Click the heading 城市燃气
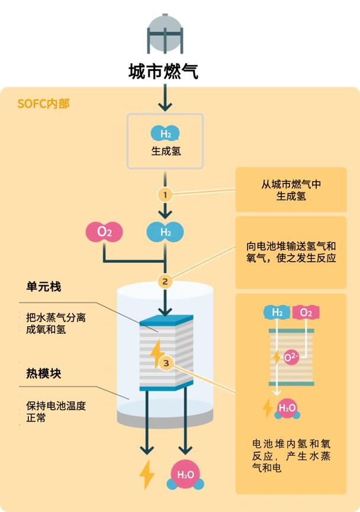pyautogui.click(x=163, y=72)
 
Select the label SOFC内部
pyautogui.click(x=43, y=104)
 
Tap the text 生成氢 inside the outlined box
pyautogui.click(x=166, y=150)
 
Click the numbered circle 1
pyautogui.click(x=165, y=194)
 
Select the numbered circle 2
pyautogui.click(x=165, y=281)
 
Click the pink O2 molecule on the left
pyautogui.click(x=104, y=232)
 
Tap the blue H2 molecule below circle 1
pyautogui.click(x=165, y=232)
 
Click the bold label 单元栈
pyautogui.click(x=43, y=287)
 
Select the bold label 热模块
pyautogui.click(x=43, y=374)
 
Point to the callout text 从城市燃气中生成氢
pyautogui.click(x=291, y=190)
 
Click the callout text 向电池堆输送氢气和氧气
pyautogui.click(x=291, y=252)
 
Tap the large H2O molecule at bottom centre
pyautogui.click(x=186, y=475)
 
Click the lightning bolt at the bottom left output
pyautogui.click(x=146, y=474)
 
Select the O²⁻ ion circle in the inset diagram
pyautogui.click(x=291, y=357)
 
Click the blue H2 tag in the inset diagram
pyautogui.click(x=277, y=312)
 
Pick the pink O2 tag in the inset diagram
pyautogui.click(x=306, y=312)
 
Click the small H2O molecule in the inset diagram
pyautogui.click(x=287, y=408)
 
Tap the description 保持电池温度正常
pyautogui.click(x=56, y=411)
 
